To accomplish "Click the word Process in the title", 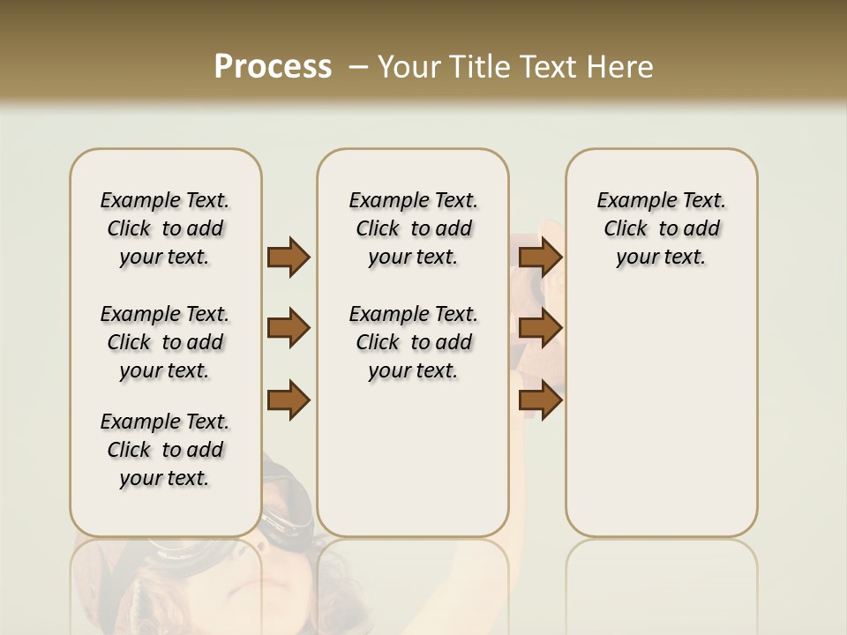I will [x=273, y=67].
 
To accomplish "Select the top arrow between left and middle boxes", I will [x=289, y=257].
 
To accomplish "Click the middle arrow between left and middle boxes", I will [x=289, y=329].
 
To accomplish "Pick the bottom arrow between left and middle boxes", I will [x=289, y=400].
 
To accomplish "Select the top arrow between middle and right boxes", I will [x=541, y=257].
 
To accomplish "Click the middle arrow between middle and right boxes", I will [x=541, y=329].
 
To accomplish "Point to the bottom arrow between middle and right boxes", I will [x=541, y=400].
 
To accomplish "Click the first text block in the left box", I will [x=165, y=228].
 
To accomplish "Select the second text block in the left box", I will [x=165, y=342].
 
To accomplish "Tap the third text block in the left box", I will [x=165, y=450].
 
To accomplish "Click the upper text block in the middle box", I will [x=413, y=228].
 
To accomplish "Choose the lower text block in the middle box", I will [x=413, y=342].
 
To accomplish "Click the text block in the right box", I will [x=661, y=228].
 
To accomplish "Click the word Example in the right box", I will [x=631, y=201].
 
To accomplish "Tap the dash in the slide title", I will [x=358, y=67].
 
